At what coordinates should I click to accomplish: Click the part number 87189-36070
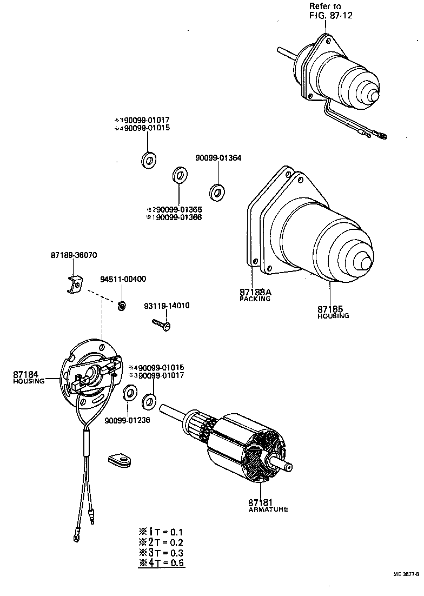pyautogui.click(x=75, y=254)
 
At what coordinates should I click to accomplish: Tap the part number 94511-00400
pyautogui.click(x=123, y=279)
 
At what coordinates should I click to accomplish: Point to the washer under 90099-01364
pyautogui.click(x=217, y=191)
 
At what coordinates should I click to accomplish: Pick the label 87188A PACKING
pyautogui.click(x=255, y=294)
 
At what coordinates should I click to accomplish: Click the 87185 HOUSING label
pyautogui.click(x=333, y=312)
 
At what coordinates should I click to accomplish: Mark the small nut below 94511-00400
pyautogui.click(x=122, y=306)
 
